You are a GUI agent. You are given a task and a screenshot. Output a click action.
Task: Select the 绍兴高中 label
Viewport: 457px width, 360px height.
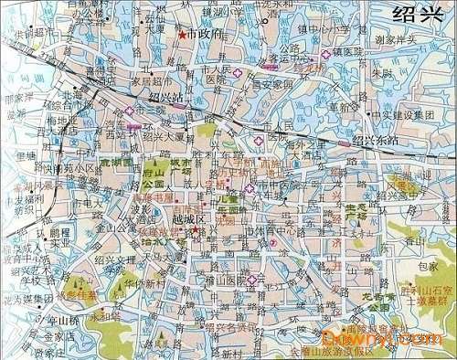423,174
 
